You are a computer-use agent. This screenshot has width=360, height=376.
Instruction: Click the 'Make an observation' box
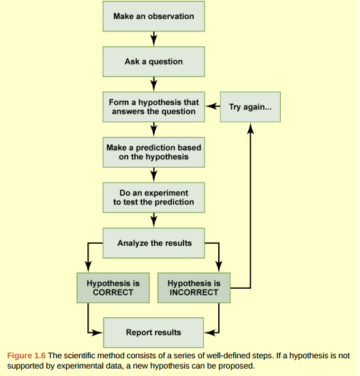click(153, 16)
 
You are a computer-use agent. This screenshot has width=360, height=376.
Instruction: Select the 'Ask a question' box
click(153, 61)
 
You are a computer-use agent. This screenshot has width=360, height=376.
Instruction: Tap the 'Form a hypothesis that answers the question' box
click(153, 107)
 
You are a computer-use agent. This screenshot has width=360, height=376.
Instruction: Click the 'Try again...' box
click(250, 107)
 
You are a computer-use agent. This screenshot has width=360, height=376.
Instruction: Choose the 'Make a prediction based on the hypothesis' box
click(153, 152)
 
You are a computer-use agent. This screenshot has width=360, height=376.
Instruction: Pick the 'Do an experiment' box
click(153, 197)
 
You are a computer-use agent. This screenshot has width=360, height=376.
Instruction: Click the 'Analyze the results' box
click(153, 242)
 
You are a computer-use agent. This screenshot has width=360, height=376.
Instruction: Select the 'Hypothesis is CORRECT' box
click(109, 287)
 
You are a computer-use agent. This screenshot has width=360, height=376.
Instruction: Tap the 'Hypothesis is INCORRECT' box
click(193, 287)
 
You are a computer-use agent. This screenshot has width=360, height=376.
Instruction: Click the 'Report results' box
click(153, 332)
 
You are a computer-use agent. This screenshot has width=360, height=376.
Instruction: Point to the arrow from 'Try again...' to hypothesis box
click(212, 107)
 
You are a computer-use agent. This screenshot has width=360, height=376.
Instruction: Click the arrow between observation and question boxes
click(153, 39)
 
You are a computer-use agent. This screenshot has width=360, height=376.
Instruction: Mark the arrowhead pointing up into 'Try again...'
click(250, 128)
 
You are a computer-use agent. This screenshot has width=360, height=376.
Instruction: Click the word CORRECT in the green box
click(109, 293)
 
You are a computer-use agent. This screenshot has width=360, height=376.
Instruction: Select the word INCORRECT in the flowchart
click(193, 293)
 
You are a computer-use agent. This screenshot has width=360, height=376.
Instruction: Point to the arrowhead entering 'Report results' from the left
click(97, 332)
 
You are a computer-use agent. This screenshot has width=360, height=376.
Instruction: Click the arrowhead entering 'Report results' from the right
click(209, 332)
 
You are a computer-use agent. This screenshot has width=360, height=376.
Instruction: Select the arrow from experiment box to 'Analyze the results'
click(153, 219)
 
